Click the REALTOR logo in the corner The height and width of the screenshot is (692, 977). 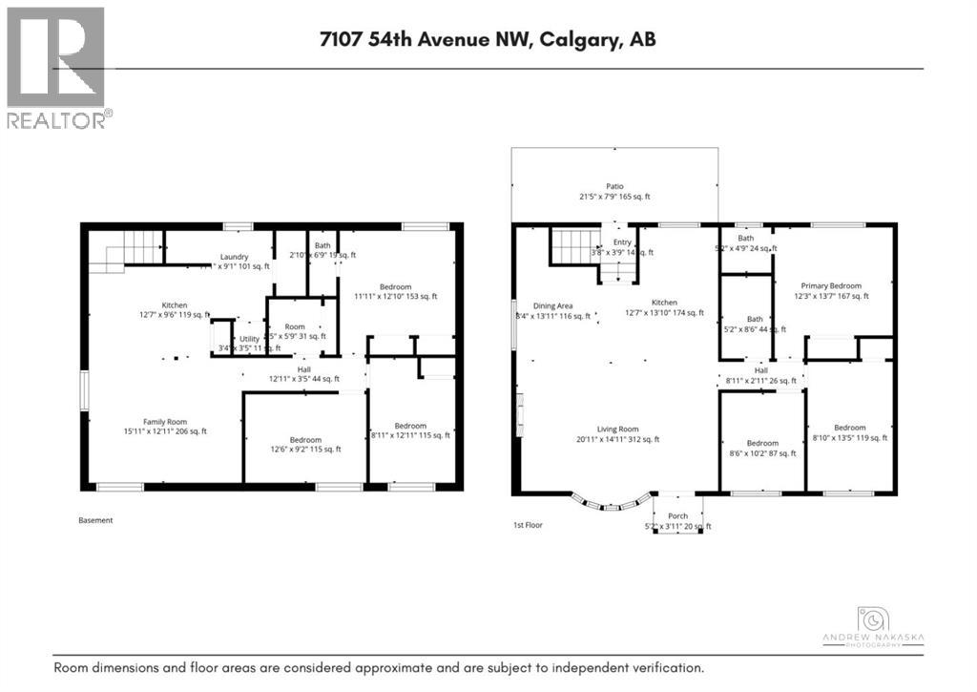[57, 67]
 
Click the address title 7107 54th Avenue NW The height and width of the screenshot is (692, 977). [488, 39]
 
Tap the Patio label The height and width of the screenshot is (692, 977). [615, 187]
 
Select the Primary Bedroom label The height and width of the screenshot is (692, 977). [831, 285]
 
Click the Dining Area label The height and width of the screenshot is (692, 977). [551, 304]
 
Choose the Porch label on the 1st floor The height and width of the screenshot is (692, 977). [677, 516]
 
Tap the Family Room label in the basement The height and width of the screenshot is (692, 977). [164, 421]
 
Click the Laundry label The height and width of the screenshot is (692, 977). [234, 257]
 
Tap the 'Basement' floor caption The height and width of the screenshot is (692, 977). [95, 520]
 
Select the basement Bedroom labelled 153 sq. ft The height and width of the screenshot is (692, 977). [395, 287]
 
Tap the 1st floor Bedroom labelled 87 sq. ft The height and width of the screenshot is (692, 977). [762, 443]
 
